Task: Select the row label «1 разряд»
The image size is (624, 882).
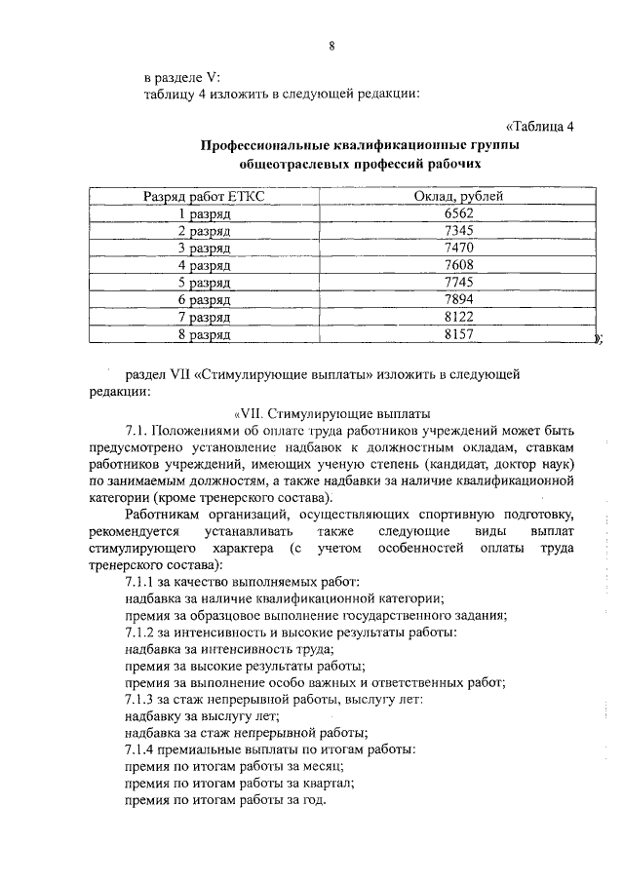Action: click(x=203, y=213)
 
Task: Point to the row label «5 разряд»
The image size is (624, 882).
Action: click(x=203, y=283)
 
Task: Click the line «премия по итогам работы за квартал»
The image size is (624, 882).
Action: click(x=240, y=783)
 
